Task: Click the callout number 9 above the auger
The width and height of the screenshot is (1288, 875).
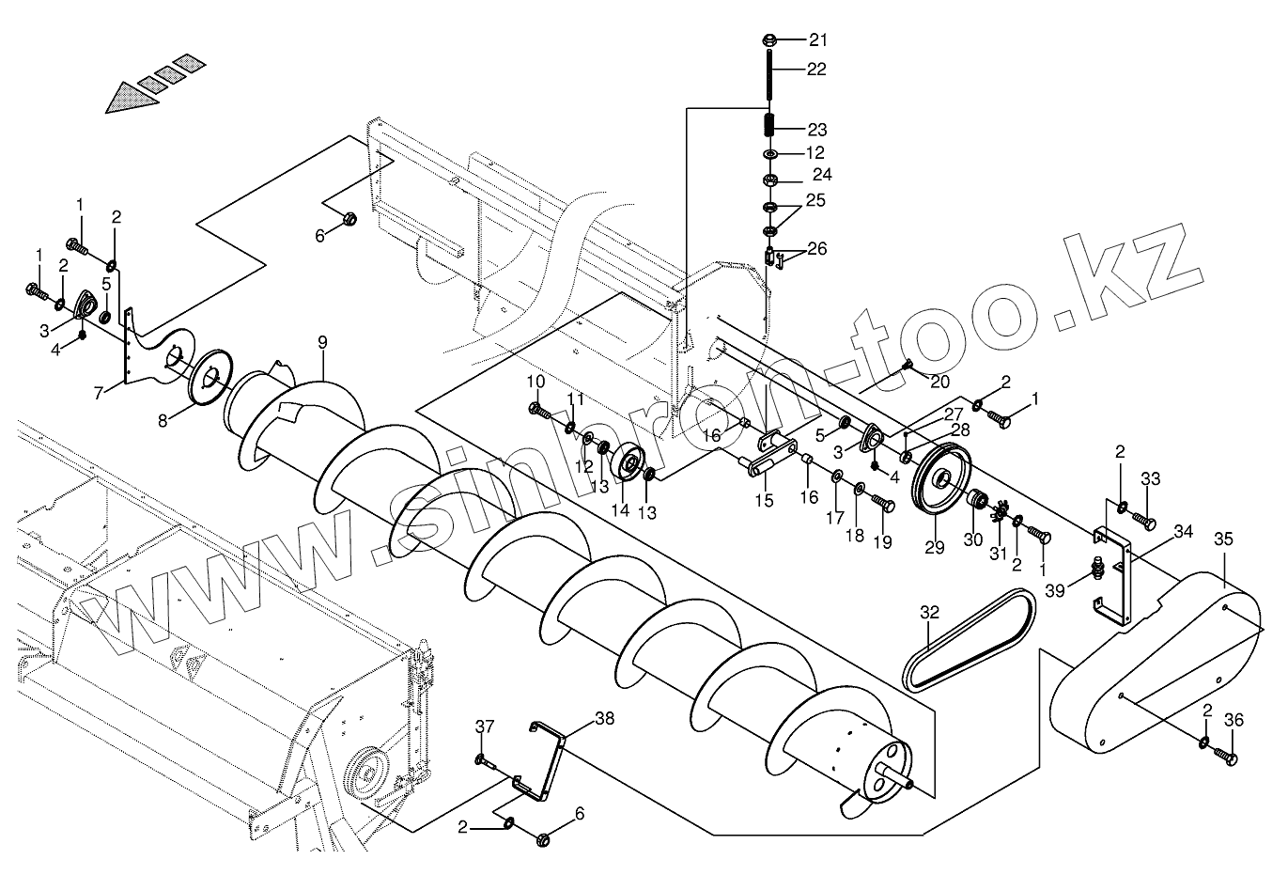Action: (322, 343)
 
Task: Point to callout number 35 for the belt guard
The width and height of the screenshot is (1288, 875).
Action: (1222, 539)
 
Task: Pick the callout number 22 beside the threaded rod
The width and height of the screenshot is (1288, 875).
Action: (816, 69)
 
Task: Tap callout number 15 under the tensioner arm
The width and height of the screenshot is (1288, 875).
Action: (764, 500)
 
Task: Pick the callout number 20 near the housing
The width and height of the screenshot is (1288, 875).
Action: (939, 381)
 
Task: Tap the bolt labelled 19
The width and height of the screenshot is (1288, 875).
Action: (884, 504)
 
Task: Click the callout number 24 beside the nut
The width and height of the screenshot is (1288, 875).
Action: (822, 175)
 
